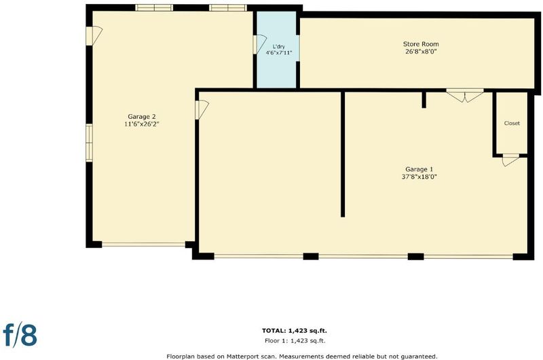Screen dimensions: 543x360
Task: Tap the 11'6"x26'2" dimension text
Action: click(x=142, y=124)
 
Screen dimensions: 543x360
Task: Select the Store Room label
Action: click(x=421, y=44)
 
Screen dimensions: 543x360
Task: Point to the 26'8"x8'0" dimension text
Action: click(x=421, y=52)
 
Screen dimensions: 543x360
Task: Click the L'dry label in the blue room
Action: click(x=279, y=46)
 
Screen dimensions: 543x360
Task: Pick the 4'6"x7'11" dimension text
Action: click(x=279, y=53)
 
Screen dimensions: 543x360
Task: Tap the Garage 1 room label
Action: click(x=419, y=169)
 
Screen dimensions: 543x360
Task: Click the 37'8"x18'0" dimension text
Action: click(x=419, y=177)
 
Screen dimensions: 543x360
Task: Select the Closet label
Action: click(x=512, y=123)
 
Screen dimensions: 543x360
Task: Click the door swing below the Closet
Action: click(x=510, y=160)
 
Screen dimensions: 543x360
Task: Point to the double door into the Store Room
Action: click(x=465, y=95)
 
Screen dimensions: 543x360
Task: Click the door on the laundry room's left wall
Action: click(x=259, y=44)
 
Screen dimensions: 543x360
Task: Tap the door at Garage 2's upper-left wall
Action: click(x=94, y=36)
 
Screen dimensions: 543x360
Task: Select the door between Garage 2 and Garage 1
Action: click(x=201, y=109)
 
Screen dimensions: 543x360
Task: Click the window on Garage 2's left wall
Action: click(x=90, y=143)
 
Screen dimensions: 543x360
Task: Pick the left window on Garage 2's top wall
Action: click(x=154, y=8)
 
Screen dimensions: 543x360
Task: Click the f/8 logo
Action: click(x=20, y=334)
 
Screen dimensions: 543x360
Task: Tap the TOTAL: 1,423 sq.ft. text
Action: click(x=295, y=331)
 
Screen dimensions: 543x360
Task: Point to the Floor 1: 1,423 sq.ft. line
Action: click(x=295, y=340)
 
